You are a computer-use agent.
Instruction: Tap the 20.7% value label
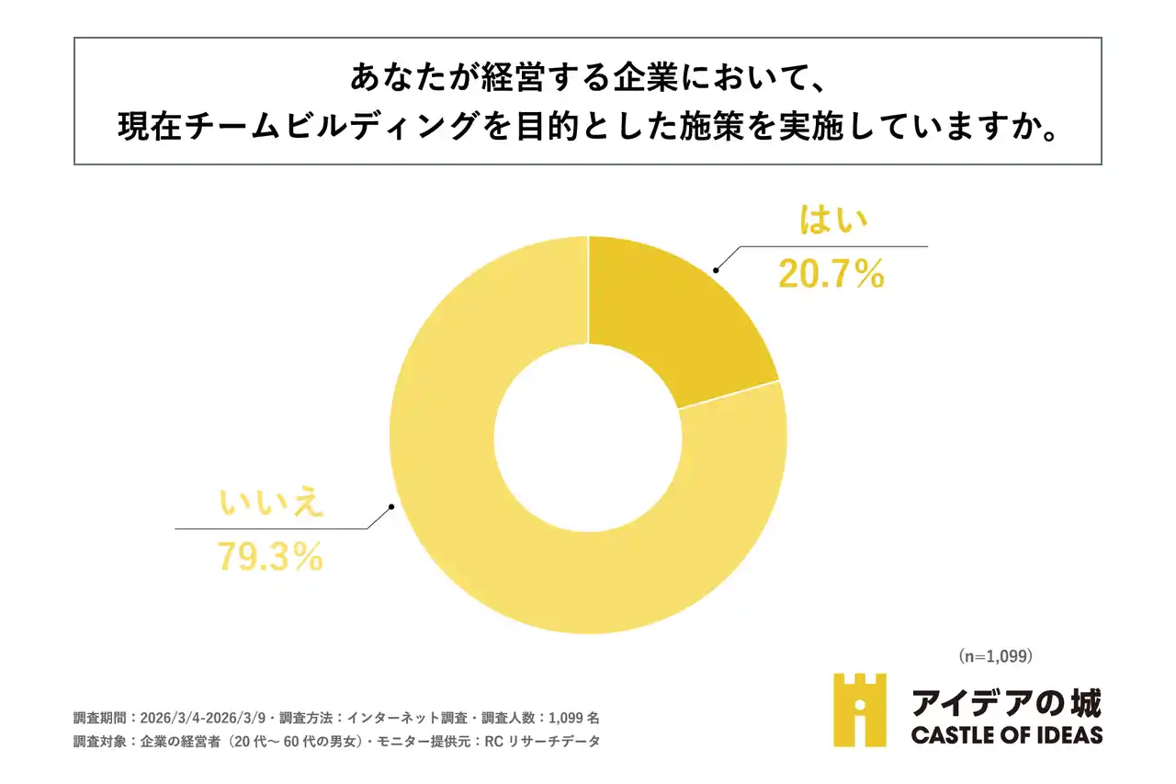(x=831, y=273)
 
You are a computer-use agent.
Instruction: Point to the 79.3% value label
(x=270, y=556)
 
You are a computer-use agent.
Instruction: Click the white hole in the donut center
(x=588, y=435)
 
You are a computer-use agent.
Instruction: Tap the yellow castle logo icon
(x=860, y=710)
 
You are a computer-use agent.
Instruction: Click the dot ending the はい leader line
(x=715, y=269)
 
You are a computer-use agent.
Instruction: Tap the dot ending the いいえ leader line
(x=392, y=506)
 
